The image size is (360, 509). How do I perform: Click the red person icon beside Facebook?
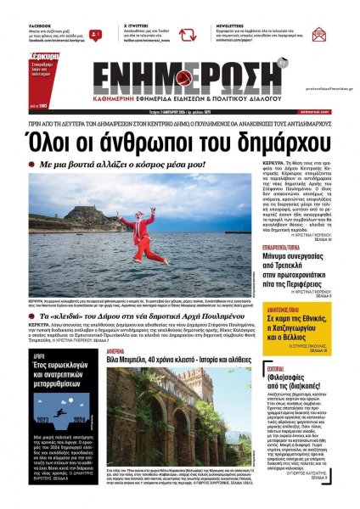point(95,36)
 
